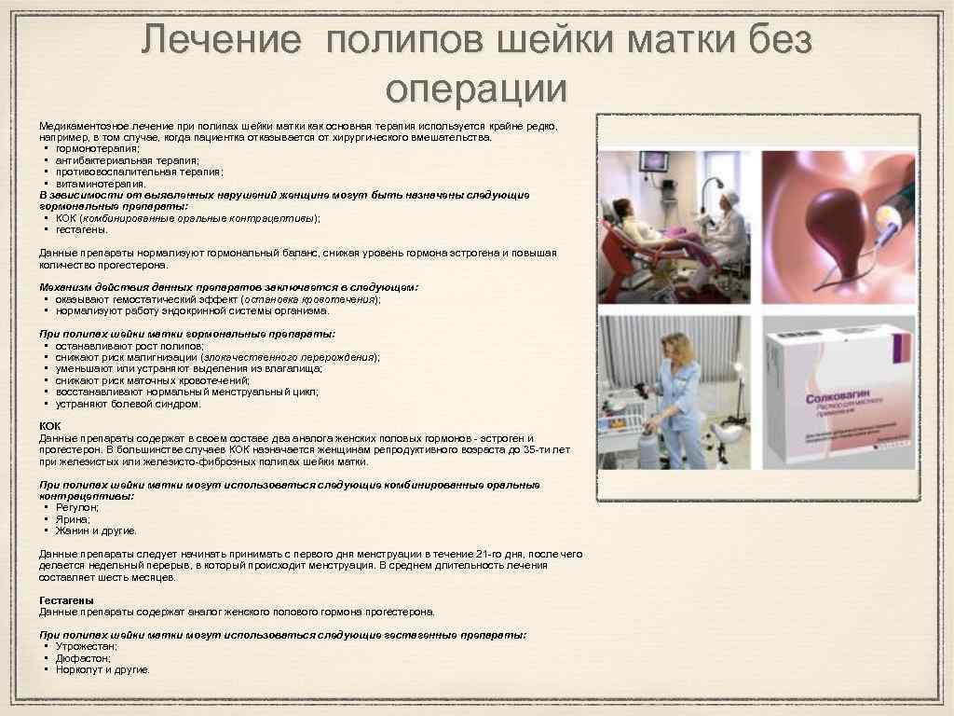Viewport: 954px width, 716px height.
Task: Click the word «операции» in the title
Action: [x=476, y=89]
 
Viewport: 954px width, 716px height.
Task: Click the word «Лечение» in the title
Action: [x=222, y=41]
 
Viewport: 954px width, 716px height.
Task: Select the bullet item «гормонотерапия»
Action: [x=98, y=148]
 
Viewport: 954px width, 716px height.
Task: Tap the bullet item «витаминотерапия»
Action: [x=101, y=184]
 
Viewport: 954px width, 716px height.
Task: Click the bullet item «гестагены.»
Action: [x=82, y=228]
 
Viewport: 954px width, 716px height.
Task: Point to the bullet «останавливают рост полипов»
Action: [x=129, y=346]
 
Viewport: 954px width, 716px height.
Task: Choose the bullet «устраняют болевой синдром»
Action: [x=128, y=405]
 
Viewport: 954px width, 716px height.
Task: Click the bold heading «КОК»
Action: [x=49, y=426]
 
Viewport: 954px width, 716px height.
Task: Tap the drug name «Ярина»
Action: [x=72, y=519]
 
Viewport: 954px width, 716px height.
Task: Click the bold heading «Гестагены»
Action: [x=66, y=600]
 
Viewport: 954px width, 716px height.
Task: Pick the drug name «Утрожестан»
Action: [x=86, y=646]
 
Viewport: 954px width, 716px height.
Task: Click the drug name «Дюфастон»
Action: [x=83, y=657]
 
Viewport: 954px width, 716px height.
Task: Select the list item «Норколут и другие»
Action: [x=102, y=669]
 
